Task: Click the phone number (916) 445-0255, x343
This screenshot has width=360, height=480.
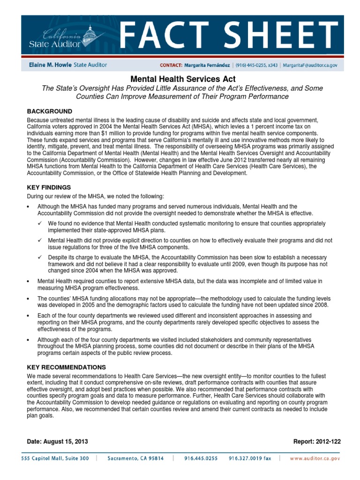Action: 259,66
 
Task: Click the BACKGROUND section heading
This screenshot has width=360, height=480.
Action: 50,111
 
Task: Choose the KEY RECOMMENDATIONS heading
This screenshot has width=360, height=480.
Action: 67,367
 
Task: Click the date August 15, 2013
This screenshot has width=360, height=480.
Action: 69,442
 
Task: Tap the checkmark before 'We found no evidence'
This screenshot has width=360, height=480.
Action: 40,224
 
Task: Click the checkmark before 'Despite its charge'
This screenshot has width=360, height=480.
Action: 40,257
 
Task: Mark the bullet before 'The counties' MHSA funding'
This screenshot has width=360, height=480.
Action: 30,298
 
